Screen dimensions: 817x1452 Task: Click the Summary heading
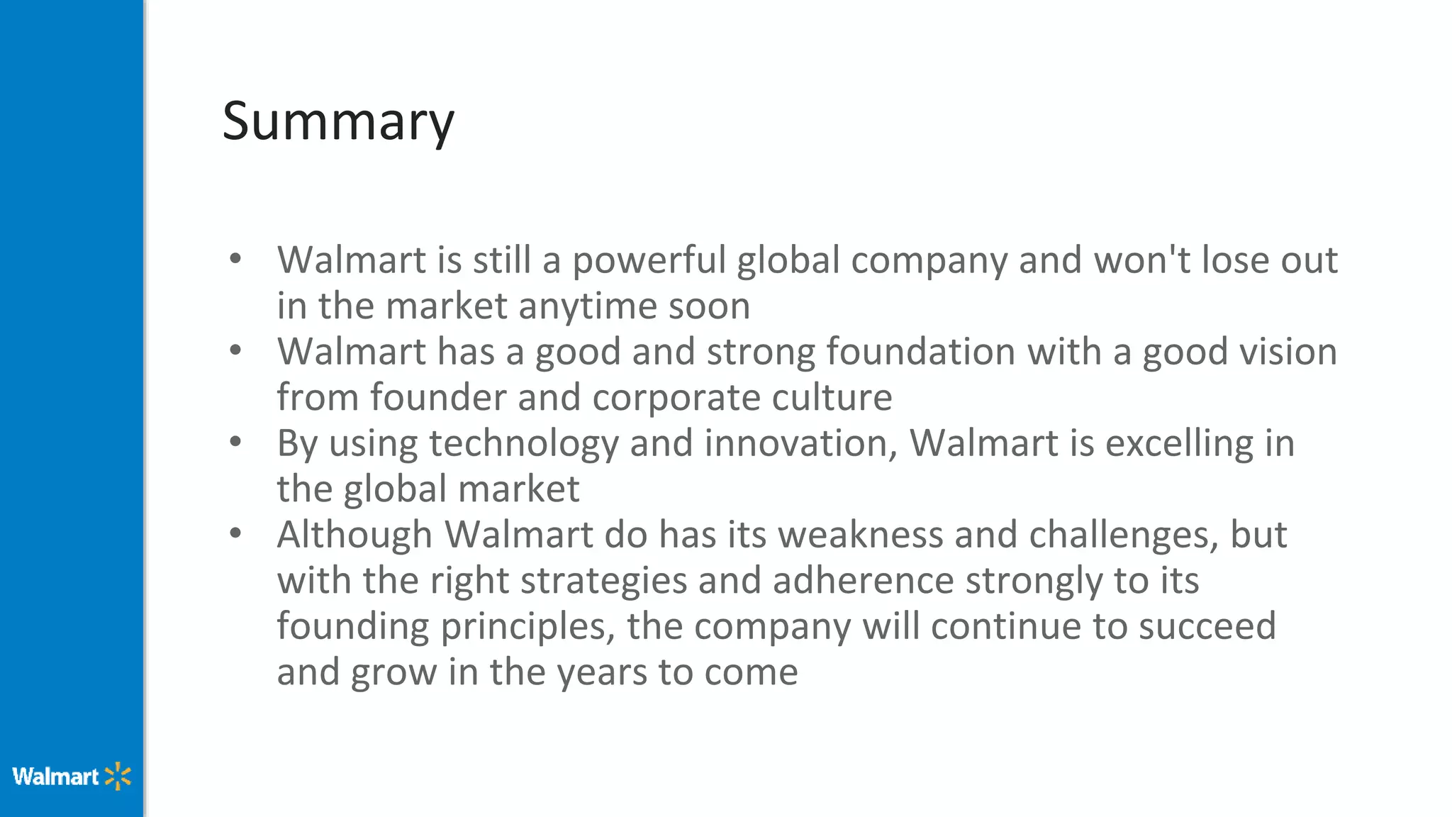(x=338, y=121)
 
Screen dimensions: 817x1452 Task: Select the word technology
(x=524, y=444)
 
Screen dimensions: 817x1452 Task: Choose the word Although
(x=354, y=535)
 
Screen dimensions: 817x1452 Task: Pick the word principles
(x=527, y=627)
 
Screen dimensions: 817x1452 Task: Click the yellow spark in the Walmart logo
(x=118, y=777)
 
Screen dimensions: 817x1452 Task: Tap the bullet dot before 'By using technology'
(x=236, y=442)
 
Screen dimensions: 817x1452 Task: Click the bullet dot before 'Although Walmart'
(x=236, y=533)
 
